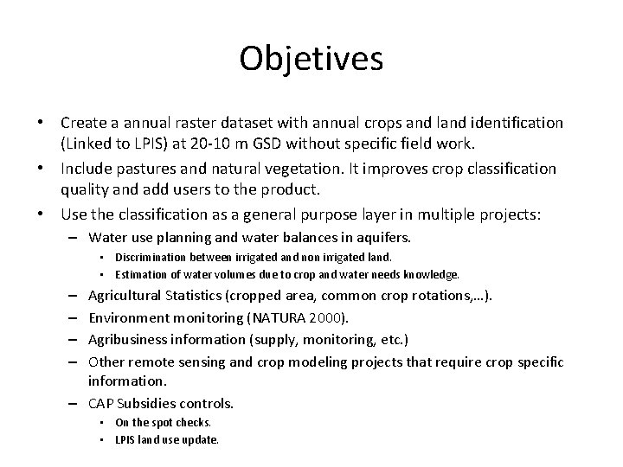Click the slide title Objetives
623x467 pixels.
[x=311, y=59]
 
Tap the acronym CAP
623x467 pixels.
[x=104, y=402]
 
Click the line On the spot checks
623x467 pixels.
[x=163, y=423]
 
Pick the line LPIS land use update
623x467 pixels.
[x=166, y=439]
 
